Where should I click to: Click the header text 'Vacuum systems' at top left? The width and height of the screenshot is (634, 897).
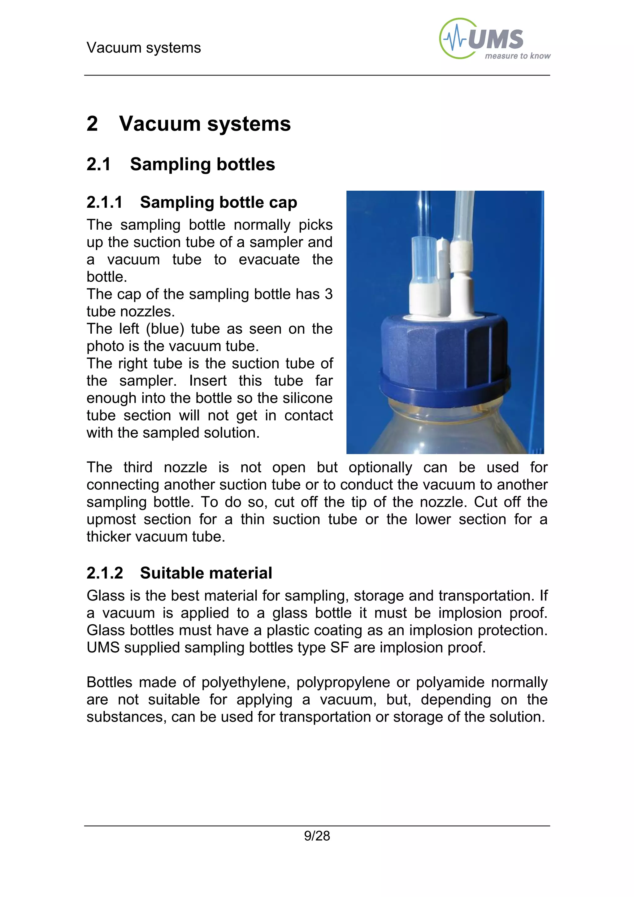coord(143,48)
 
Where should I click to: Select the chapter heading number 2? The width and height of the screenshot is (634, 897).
coord(92,124)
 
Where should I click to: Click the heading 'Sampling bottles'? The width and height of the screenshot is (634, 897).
coord(202,164)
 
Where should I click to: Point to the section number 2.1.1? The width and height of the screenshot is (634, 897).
coord(104,202)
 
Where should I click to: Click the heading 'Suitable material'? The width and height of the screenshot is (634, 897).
coord(206,573)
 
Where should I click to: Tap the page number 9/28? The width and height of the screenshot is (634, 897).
coord(317,836)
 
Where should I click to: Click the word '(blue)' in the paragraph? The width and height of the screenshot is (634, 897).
coord(165,329)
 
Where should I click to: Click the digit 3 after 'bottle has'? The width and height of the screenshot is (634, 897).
coord(328,294)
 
